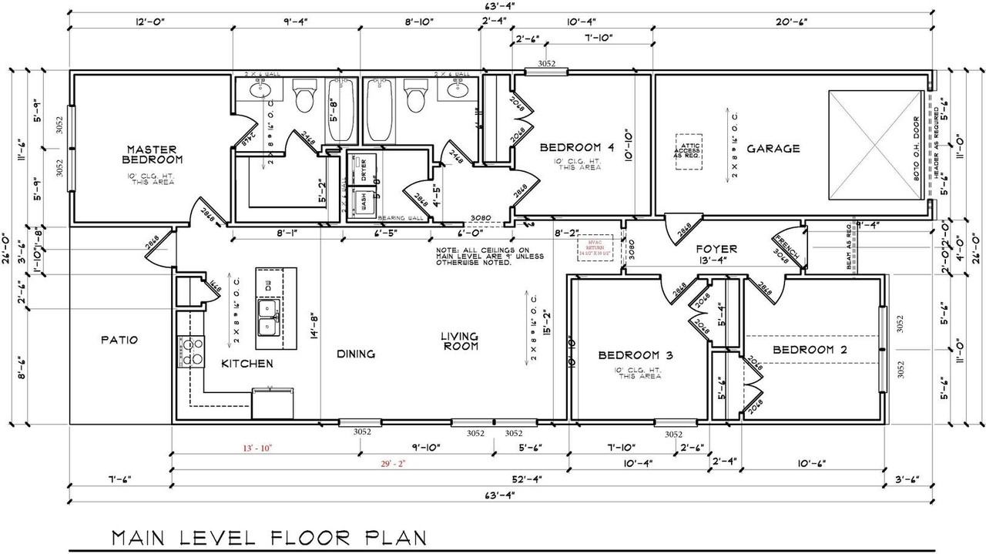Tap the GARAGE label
click(x=773, y=149)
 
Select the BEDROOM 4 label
click(x=577, y=147)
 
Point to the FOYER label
click(x=716, y=249)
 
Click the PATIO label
click(x=119, y=339)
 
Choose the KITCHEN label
click(x=247, y=363)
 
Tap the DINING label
click(x=356, y=354)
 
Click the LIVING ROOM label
click(x=460, y=341)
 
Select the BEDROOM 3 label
click(x=636, y=355)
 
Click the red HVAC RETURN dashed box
click(x=594, y=248)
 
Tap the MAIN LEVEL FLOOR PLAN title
click(x=268, y=536)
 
